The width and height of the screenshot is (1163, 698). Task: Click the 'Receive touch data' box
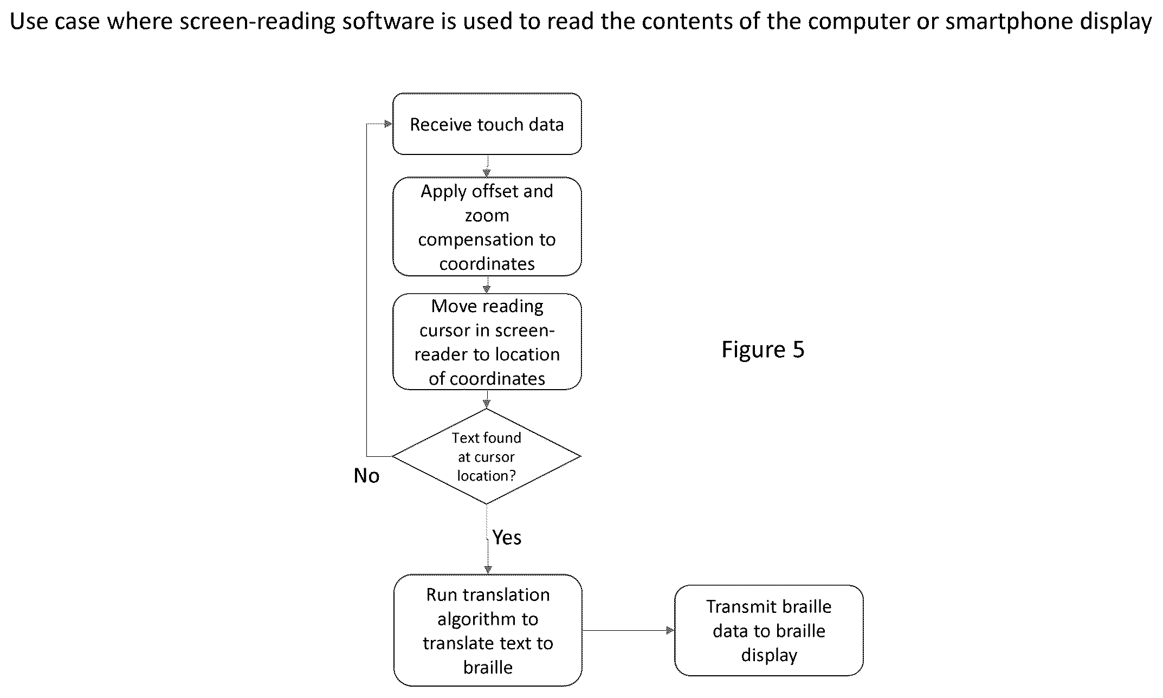pyautogui.click(x=487, y=124)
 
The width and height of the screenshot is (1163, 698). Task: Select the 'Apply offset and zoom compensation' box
pyautogui.click(x=487, y=227)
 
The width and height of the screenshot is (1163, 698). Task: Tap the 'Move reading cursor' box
pyautogui.click(x=487, y=341)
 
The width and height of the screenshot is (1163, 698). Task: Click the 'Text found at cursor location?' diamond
pyautogui.click(x=487, y=456)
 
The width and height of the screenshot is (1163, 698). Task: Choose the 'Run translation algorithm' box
pyautogui.click(x=488, y=630)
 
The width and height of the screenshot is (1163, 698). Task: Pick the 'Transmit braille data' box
pyautogui.click(x=768, y=630)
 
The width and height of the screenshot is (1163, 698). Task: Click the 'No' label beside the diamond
pyautogui.click(x=366, y=476)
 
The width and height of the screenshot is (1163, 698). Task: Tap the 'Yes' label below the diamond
pyautogui.click(x=507, y=537)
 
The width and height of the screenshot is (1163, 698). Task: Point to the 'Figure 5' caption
pyautogui.click(x=763, y=350)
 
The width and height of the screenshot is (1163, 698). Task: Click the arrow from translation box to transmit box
pyautogui.click(x=629, y=630)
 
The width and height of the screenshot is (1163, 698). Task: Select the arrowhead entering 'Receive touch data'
pyautogui.click(x=388, y=124)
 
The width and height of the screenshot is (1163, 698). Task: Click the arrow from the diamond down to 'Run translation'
pyautogui.click(x=487, y=539)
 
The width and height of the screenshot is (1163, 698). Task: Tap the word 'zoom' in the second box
pyautogui.click(x=487, y=216)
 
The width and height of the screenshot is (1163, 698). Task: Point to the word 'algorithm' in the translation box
pyautogui.click(x=488, y=619)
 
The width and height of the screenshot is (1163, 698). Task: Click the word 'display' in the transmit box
pyautogui.click(x=769, y=655)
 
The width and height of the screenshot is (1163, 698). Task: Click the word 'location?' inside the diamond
pyautogui.click(x=486, y=476)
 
